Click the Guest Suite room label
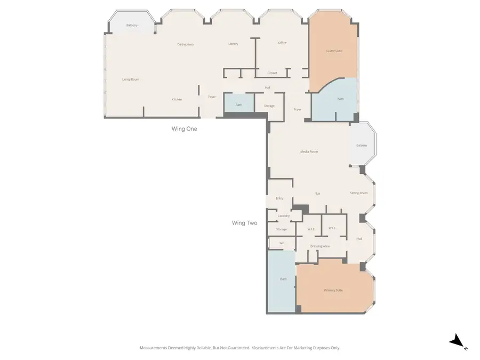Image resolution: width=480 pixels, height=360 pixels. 334,51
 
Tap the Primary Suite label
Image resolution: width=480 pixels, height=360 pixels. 333,290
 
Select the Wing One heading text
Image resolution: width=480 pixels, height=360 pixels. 184,129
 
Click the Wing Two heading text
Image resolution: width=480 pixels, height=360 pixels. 244,223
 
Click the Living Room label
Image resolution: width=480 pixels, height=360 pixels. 131,79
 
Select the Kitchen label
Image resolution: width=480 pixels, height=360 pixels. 177,100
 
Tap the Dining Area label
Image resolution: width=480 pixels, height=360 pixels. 185,44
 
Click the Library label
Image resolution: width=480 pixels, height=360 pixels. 233,44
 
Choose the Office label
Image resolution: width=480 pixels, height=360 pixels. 282,43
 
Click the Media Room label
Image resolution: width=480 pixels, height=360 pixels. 309,151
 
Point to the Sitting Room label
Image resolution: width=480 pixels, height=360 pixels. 359,193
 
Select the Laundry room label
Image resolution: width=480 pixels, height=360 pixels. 283,216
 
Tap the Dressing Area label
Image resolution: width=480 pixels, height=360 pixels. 320,246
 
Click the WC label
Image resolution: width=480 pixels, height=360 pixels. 282,243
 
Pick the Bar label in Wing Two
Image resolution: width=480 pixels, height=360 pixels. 318,193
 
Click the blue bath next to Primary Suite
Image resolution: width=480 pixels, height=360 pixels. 283,279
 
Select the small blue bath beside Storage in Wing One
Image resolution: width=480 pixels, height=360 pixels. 239,105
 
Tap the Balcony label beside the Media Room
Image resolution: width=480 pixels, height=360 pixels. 362,146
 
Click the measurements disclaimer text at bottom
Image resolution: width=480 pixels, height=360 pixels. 240,348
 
